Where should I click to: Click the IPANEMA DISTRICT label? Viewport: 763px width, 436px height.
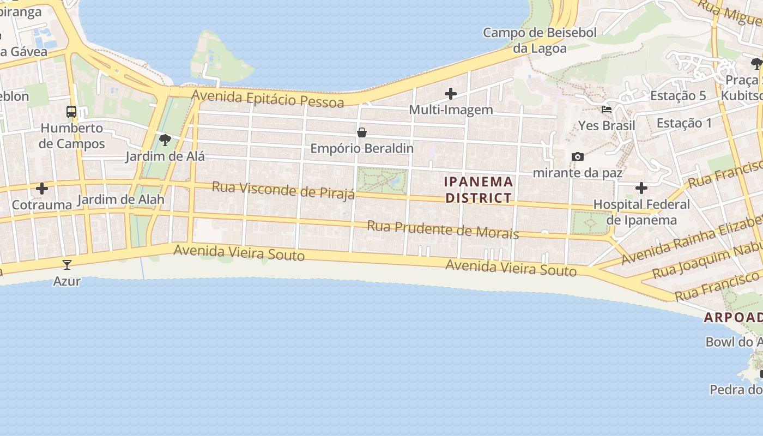479,189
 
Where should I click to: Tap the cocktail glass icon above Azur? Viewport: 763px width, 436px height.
67,265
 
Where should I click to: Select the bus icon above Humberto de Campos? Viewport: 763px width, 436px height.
71,112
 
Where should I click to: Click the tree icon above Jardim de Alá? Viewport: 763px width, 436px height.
165,140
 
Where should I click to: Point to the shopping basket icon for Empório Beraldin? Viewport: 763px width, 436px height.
361,132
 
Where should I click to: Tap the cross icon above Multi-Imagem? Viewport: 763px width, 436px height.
451,94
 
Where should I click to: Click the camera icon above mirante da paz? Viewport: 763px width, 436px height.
578,157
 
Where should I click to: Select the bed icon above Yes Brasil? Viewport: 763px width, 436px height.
607,110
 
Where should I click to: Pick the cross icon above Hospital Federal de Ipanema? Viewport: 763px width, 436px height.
641,188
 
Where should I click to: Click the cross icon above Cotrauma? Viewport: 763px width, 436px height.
42,189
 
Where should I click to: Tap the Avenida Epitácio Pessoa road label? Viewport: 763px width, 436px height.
268,99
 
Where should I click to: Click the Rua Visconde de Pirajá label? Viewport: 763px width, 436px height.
283,190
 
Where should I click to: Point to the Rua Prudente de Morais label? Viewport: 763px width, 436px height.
443,229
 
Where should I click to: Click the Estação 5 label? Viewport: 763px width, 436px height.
678,96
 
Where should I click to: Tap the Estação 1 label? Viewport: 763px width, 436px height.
684,123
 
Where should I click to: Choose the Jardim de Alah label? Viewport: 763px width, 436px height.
120,199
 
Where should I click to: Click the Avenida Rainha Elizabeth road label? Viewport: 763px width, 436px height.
692,240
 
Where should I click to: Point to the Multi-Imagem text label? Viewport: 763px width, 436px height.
451,110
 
